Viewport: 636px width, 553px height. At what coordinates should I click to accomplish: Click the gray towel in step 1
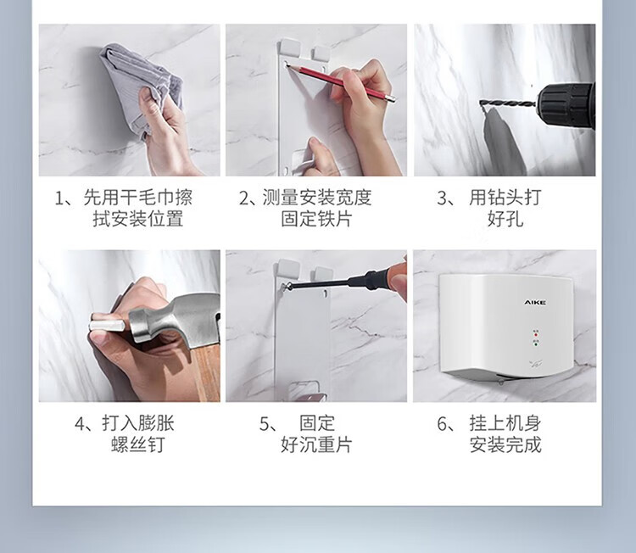138,85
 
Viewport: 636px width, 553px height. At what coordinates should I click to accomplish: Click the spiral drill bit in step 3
508,104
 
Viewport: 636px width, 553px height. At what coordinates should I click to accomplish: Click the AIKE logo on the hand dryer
535,302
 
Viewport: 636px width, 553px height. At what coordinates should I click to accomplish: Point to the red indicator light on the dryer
536,335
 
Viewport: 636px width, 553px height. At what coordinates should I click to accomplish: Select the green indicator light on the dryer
536,345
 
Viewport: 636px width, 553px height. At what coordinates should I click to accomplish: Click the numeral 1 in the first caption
59,198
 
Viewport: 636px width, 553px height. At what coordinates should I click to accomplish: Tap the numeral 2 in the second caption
244,198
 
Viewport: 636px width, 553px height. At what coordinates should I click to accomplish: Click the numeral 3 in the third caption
442,198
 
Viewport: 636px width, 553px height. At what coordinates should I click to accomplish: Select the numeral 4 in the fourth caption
80,424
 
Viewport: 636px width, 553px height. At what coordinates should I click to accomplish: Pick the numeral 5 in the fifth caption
265,424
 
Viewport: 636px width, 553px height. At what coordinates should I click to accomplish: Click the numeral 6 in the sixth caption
442,424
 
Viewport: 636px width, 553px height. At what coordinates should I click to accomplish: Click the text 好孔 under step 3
505,219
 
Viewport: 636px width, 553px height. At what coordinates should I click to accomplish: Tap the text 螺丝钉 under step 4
138,444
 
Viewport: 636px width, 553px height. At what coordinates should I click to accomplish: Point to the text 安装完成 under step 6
505,444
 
